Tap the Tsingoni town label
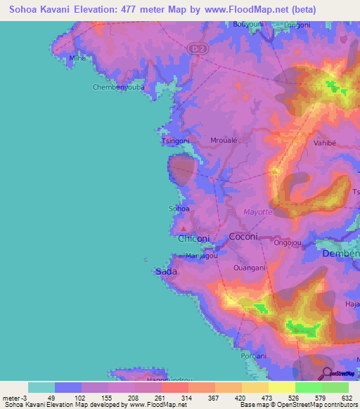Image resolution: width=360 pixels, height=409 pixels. point(176,141)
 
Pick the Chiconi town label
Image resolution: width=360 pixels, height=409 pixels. point(193,238)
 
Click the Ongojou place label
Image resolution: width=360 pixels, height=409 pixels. point(288,242)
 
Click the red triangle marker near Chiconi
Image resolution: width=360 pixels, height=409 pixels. point(184,228)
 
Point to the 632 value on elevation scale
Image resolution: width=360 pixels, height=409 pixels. point(347,398)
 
